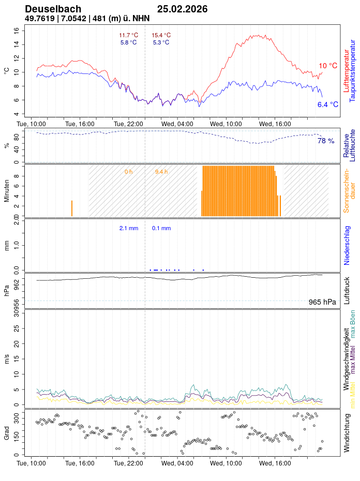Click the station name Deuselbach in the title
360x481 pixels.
(53, 9)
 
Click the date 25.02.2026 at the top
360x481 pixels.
(182, 9)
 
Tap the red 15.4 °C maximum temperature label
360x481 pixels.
(161, 35)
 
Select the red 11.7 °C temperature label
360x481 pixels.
(128, 35)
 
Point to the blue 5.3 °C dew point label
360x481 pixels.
(161, 42)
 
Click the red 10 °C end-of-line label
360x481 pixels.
(327, 66)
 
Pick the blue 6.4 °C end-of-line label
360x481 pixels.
(327, 104)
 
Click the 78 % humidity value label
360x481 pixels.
(325, 141)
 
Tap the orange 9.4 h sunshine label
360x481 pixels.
(161, 172)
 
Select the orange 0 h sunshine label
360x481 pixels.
(128, 172)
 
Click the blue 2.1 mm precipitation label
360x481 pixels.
(128, 228)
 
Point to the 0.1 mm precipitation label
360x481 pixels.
(161, 228)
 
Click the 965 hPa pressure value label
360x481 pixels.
(322, 302)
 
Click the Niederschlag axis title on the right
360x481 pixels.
(347, 245)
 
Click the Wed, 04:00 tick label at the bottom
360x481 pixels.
(177, 463)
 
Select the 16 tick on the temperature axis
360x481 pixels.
(16, 31)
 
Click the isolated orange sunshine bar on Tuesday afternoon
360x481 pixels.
(72, 208)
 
